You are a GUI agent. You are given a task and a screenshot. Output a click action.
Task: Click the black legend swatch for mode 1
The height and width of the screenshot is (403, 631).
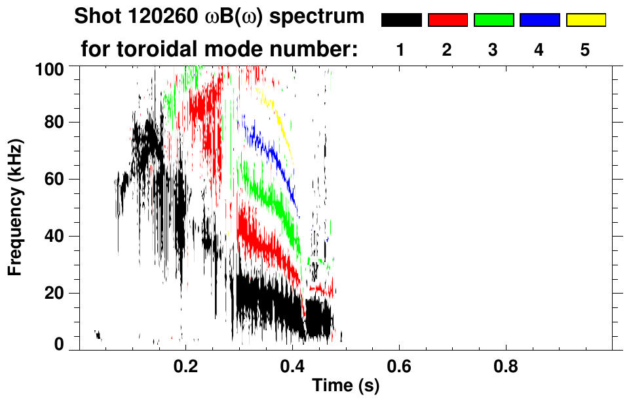tap(401, 20)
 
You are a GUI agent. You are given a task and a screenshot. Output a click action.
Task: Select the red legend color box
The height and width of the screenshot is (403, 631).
tap(448, 20)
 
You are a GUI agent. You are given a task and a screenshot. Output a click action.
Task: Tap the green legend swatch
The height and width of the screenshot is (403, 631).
tap(493, 20)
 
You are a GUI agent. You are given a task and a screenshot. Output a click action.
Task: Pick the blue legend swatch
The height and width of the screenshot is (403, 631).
tap(539, 20)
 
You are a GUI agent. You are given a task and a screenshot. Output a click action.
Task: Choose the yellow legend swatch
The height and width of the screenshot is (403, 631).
tap(586, 20)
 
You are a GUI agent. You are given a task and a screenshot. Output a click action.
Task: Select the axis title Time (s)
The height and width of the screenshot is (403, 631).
tap(345, 386)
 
